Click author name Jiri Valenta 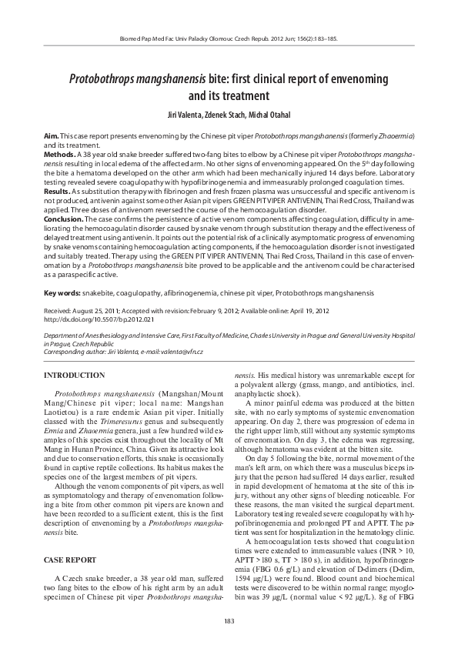pyautogui.click(x=183, y=114)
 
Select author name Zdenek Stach pyautogui.click(x=225, y=114)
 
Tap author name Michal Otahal pyautogui.click(x=269, y=114)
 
